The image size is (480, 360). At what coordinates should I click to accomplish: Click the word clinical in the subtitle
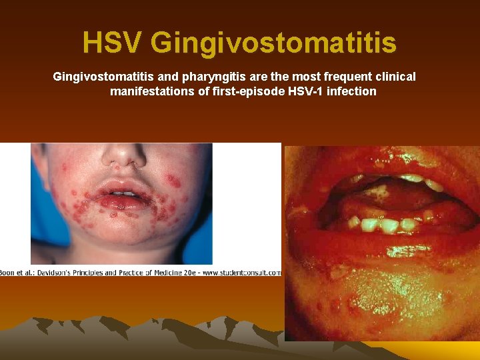[x=394, y=77]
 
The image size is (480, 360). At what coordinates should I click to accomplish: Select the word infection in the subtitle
[x=351, y=91]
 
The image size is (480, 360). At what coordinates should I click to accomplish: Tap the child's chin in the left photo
[x=127, y=230]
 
